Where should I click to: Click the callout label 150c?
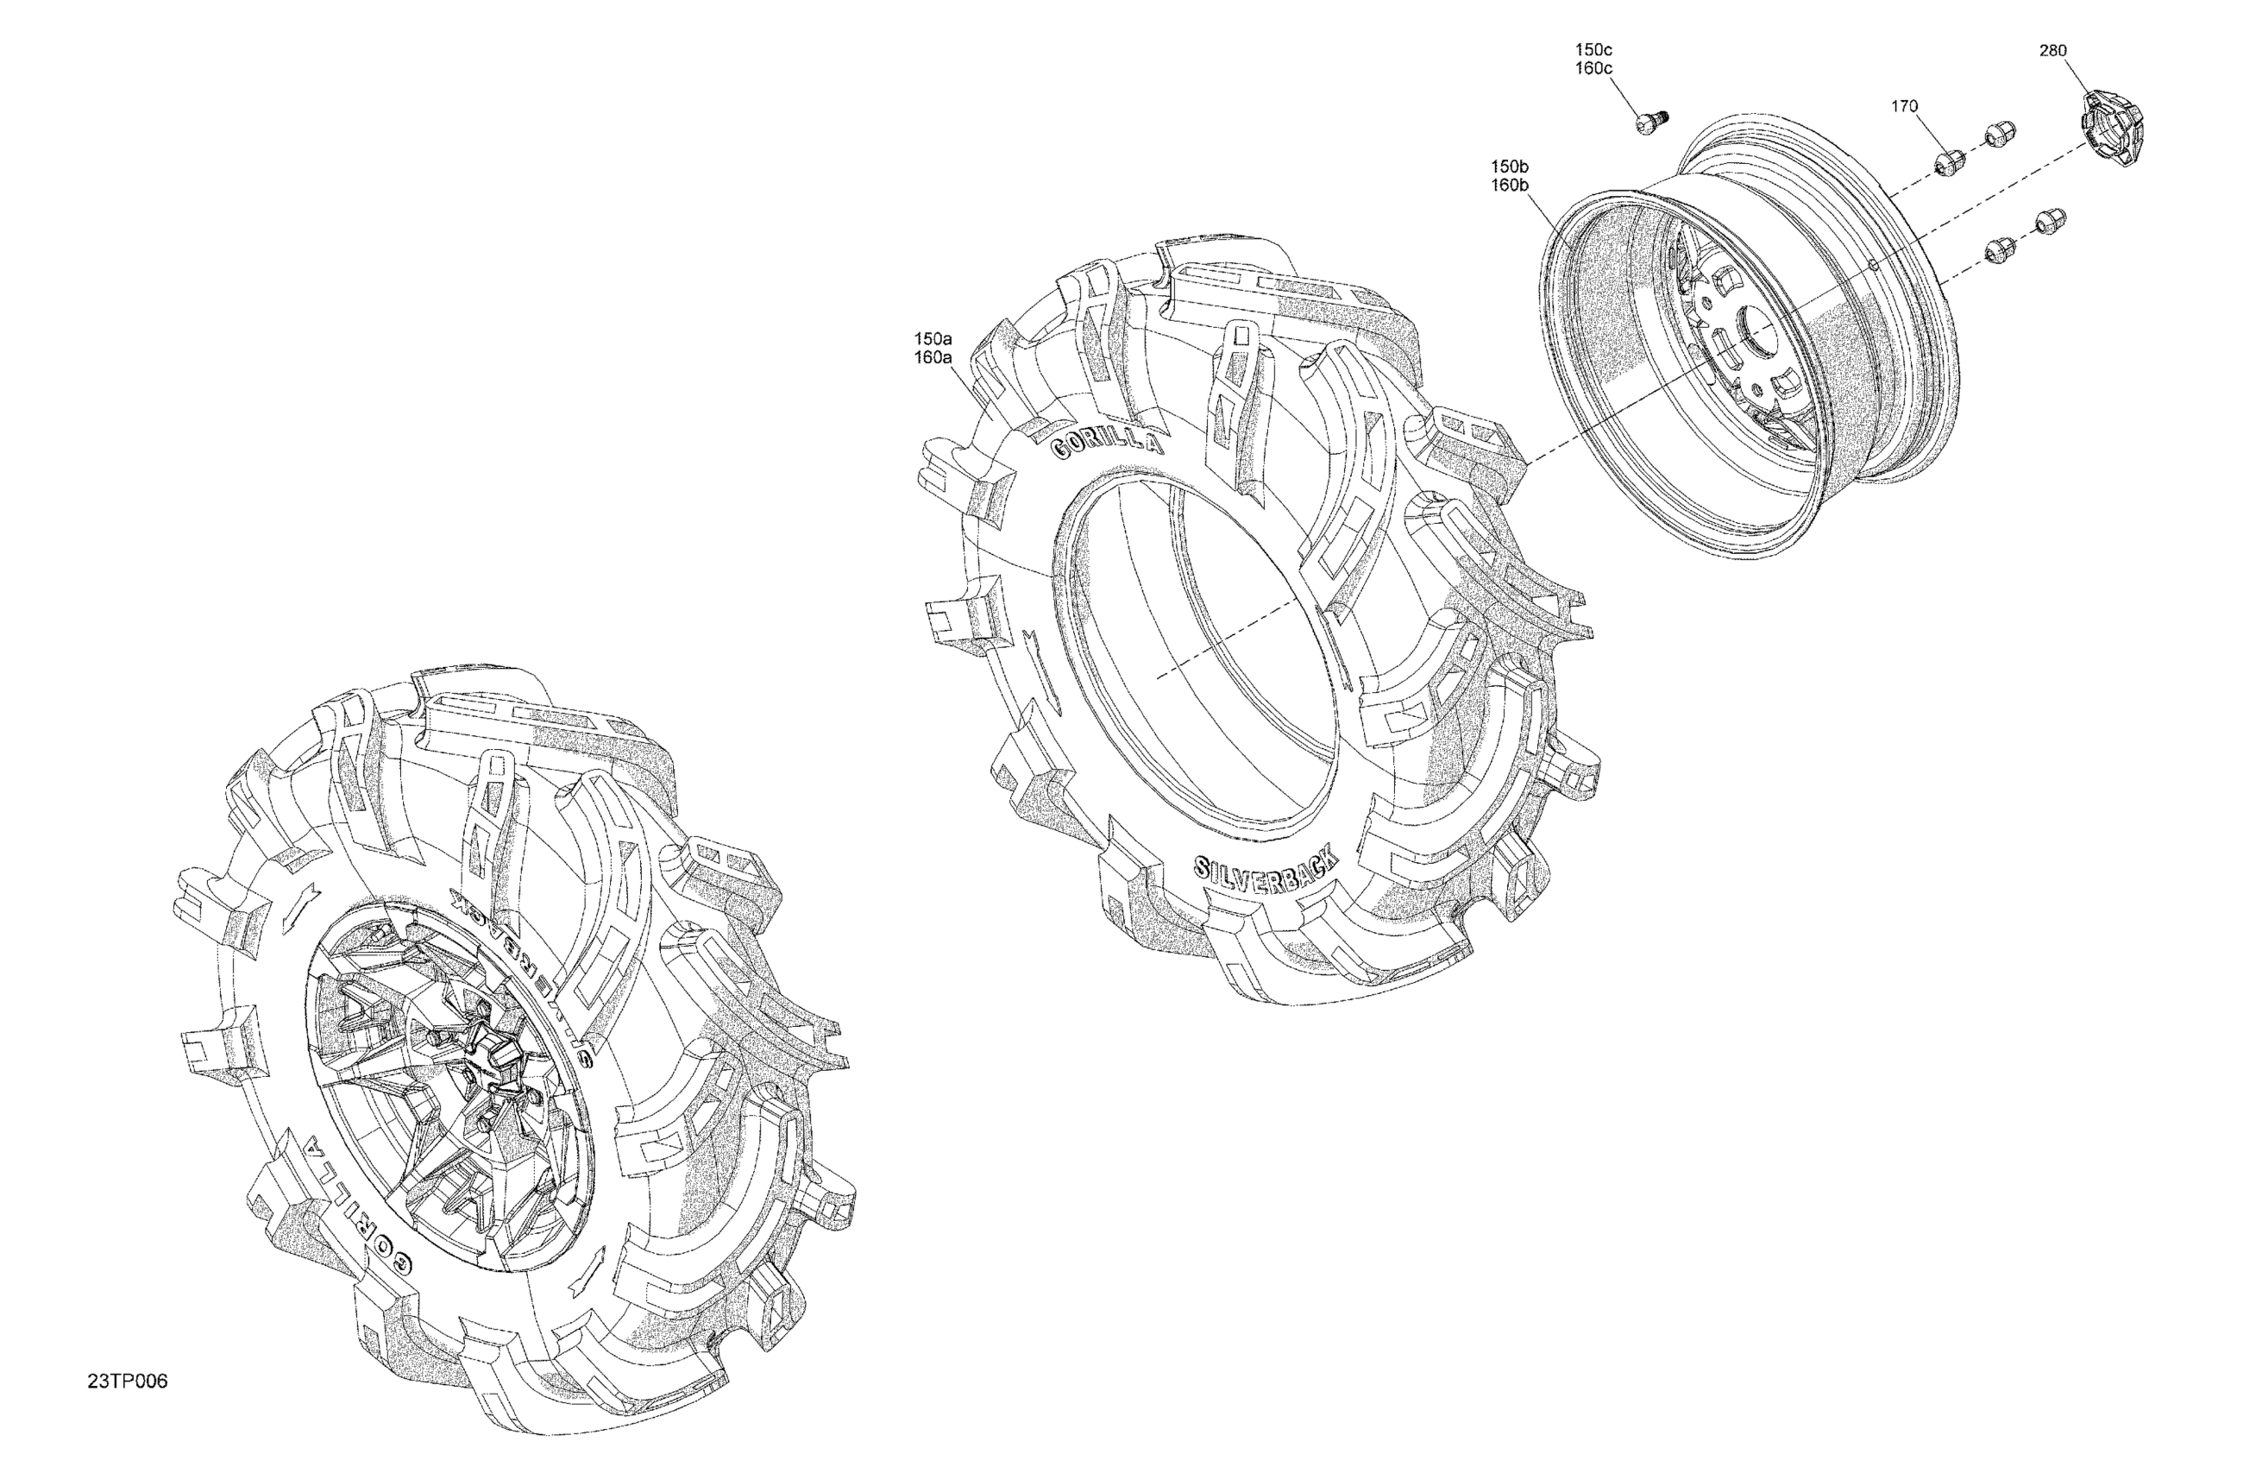pos(1594,49)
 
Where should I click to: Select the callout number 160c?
pos(1594,68)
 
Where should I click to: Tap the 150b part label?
pos(1509,167)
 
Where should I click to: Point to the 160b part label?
pos(1509,186)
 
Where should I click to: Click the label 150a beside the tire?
pos(933,338)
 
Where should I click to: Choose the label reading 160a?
pos(933,357)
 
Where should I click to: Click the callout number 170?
pos(1905,106)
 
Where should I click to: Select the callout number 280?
pos(2053,50)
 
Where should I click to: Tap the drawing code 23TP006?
pos(128,1382)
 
